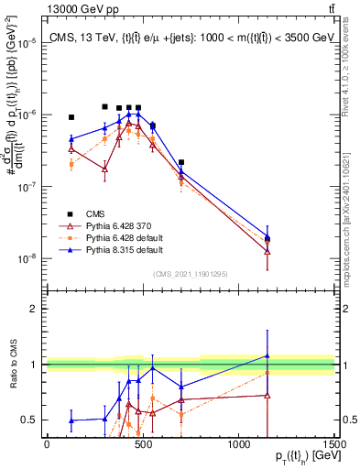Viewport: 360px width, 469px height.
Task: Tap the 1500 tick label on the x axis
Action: (x=334, y=444)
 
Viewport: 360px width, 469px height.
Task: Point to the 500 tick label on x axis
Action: (x=143, y=444)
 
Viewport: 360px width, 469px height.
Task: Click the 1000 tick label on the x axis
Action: (x=238, y=444)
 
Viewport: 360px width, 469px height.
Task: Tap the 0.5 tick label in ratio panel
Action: (x=29, y=420)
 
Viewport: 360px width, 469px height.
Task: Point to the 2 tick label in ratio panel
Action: (x=35, y=309)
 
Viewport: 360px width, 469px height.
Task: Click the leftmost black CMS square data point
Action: (x=71, y=117)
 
